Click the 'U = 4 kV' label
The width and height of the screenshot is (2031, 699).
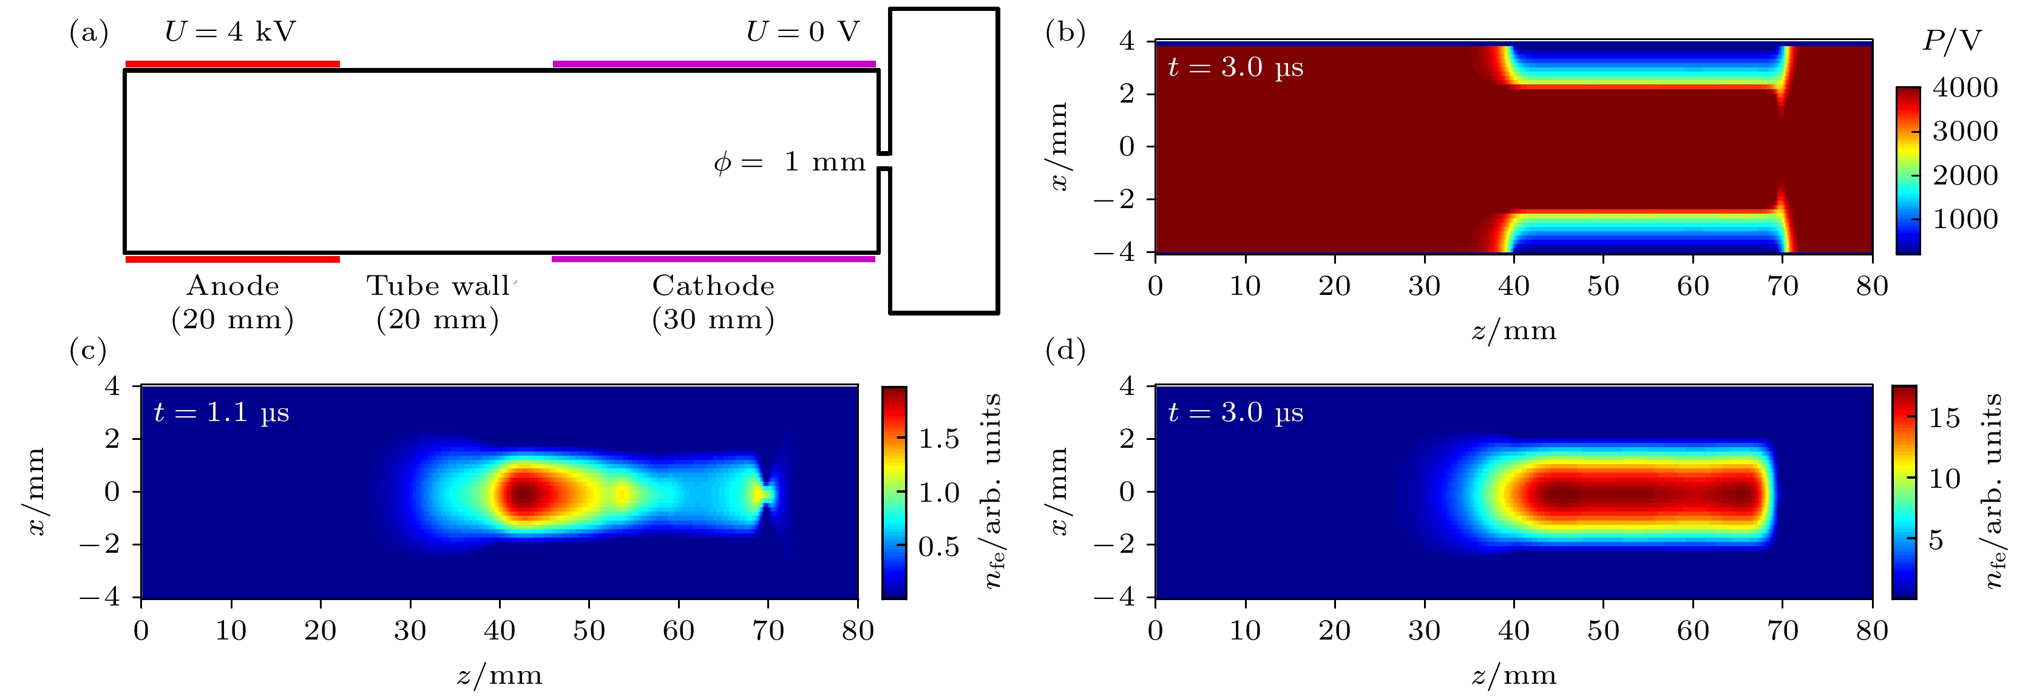[230, 32]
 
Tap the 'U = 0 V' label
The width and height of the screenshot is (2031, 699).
[802, 32]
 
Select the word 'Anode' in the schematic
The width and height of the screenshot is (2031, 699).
[233, 286]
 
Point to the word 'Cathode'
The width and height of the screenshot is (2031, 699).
[714, 286]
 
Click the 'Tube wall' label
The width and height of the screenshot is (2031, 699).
[438, 286]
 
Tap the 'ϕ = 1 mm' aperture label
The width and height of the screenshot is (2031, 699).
[789, 163]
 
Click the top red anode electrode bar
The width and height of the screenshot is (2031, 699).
[232, 64]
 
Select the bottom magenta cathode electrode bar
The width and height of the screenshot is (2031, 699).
[714, 258]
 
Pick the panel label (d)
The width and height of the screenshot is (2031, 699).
[1065, 349]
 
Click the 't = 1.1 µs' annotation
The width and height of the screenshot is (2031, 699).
[222, 412]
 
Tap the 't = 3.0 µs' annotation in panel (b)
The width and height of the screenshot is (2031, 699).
[1235, 68]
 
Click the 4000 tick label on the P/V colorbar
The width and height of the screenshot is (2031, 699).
[1965, 87]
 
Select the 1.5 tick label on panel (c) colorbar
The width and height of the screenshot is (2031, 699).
[938, 439]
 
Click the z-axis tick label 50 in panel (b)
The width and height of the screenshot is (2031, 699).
[1603, 285]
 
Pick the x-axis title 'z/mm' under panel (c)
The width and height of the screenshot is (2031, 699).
[499, 675]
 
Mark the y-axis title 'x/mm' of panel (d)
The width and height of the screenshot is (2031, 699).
[1059, 491]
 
